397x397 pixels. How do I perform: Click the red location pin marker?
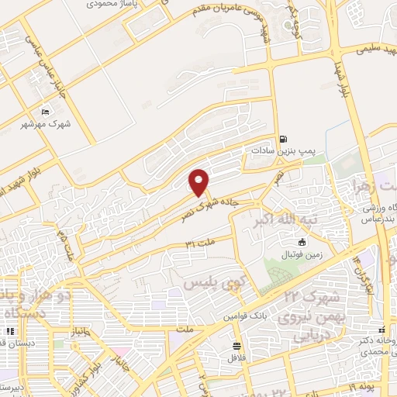pos(199,182)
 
